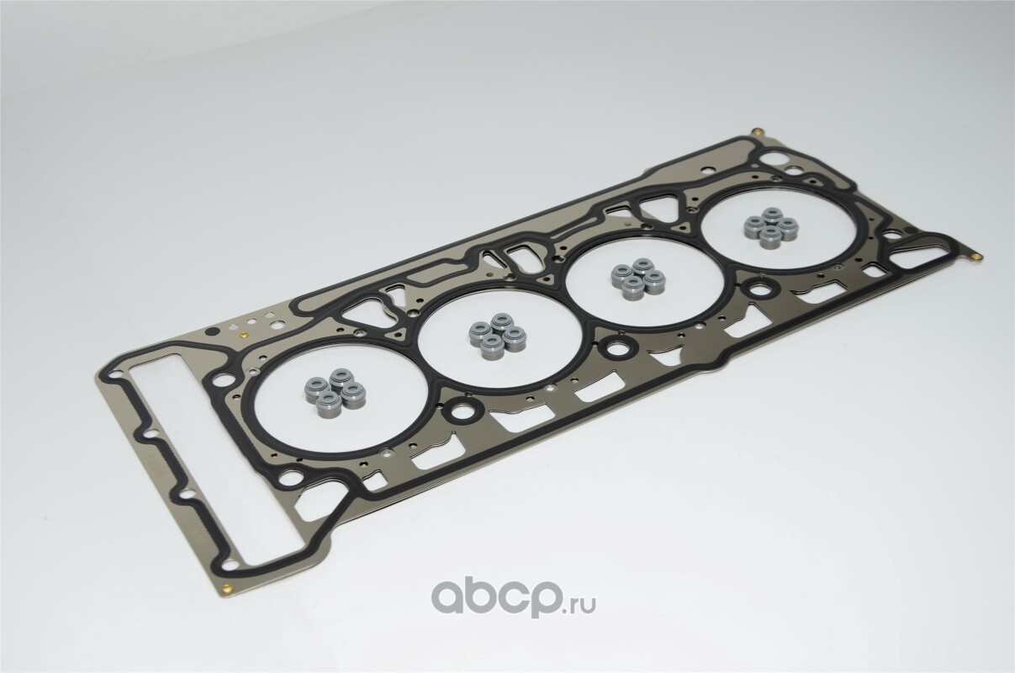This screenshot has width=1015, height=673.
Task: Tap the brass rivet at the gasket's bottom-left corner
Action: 228,590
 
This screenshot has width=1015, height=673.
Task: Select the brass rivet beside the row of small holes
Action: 241,336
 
